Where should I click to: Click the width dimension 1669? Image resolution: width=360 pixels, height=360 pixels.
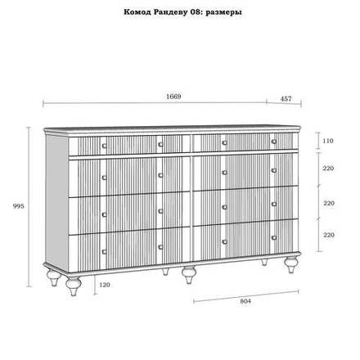click(173, 97)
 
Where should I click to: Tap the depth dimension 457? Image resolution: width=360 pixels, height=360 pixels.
click(286, 99)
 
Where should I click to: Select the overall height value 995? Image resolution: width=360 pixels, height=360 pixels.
click(19, 206)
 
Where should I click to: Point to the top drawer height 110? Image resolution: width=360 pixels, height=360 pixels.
click(328, 141)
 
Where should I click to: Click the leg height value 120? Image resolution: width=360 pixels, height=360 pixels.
click(105, 285)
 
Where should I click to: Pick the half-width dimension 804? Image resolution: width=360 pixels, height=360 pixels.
click(245, 301)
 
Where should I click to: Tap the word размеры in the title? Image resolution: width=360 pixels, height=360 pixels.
click(223, 13)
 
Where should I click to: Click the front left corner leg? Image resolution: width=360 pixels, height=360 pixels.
click(74, 286)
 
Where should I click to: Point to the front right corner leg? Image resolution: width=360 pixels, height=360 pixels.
click(292, 264)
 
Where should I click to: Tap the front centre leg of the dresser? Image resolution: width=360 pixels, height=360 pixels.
click(189, 274)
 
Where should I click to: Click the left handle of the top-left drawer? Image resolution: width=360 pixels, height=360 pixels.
click(104, 146)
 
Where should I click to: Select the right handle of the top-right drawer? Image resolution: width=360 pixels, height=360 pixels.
click(274, 142)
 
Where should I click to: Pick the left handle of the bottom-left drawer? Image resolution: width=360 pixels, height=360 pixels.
click(104, 251)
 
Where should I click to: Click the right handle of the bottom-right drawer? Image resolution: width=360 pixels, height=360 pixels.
click(274, 238)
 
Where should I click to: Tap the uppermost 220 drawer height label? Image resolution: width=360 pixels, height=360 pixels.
click(328, 169)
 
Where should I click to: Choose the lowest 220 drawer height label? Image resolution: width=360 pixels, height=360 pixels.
click(329, 235)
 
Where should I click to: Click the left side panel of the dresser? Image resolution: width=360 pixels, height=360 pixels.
click(56, 202)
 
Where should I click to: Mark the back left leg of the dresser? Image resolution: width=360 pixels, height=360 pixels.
click(54, 277)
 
